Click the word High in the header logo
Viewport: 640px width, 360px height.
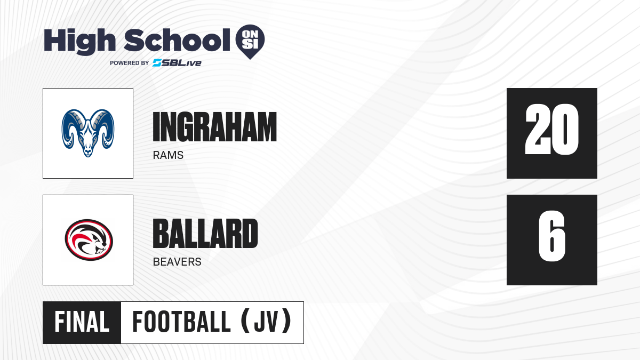point(79,41)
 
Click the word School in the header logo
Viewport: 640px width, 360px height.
point(177,39)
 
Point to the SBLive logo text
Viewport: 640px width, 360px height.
point(177,62)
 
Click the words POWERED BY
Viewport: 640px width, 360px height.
point(130,63)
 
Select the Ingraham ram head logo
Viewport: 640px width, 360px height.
point(88,133)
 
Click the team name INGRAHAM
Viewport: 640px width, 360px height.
point(215,127)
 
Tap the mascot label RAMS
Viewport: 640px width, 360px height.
point(168,155)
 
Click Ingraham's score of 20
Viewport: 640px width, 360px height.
point(552,130)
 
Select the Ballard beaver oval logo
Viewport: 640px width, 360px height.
point(89,240)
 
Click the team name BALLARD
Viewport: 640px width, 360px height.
point(205,234)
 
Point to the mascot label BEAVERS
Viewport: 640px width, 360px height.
point(177,262)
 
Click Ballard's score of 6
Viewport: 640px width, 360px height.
point(552,236)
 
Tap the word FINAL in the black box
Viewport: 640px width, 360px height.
point(82,322)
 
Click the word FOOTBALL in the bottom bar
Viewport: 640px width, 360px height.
point(181,322)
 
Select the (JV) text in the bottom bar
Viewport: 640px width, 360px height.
point(266,322)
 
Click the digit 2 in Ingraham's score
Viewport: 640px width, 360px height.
point(538,130)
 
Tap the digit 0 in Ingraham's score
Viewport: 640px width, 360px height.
point(565,130)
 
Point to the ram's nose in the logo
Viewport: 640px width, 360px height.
point(88,151)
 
